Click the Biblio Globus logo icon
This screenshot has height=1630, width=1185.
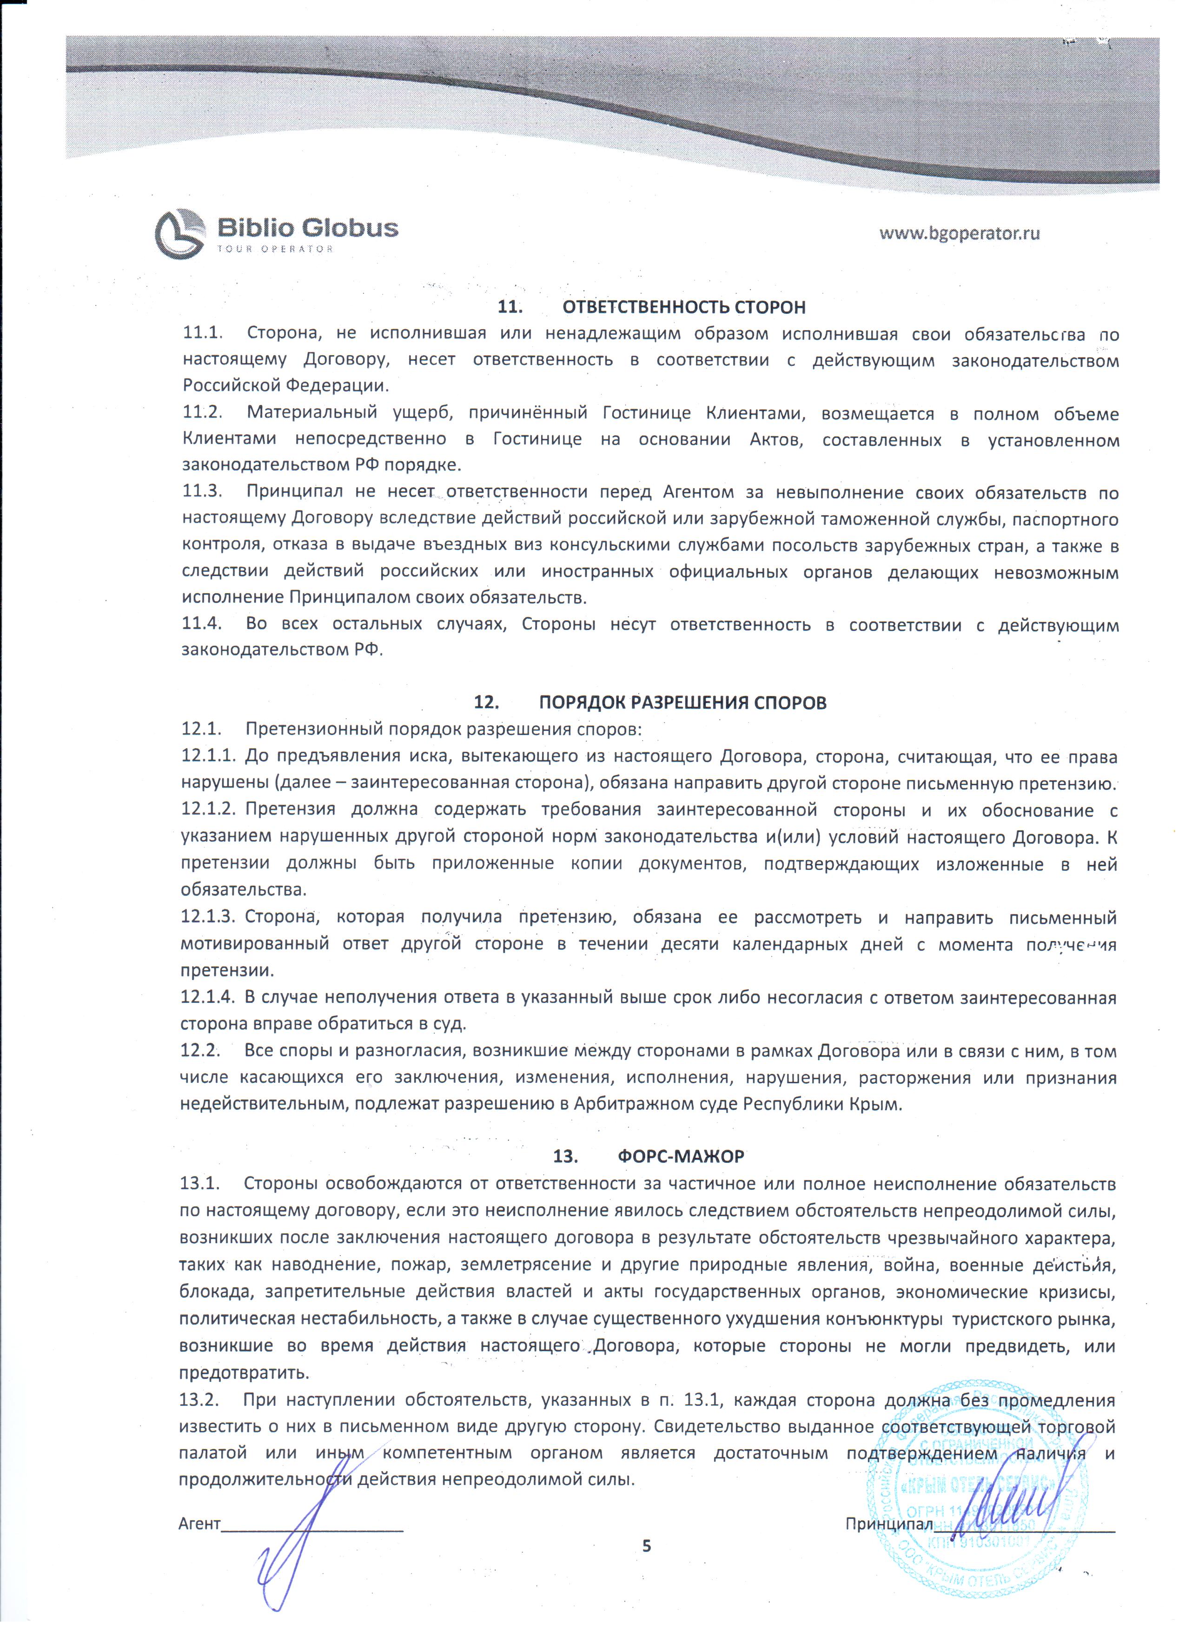coord(179,233)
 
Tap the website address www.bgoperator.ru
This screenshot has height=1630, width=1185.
coord(960,233)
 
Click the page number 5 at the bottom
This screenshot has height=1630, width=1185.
coord(646,1545)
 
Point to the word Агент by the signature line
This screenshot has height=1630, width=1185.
coord(199,1523)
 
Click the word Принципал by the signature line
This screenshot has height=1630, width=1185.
coord(888,1524)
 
